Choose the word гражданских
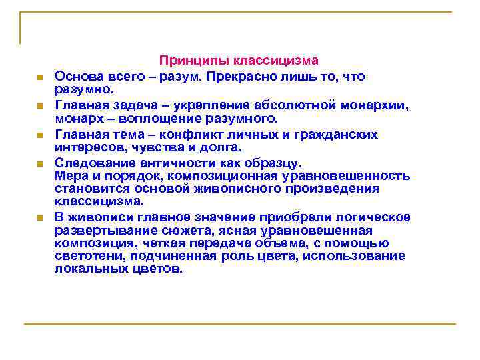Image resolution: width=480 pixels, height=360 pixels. click(340, 135)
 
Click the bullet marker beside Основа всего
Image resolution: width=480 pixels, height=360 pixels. click(41, 77)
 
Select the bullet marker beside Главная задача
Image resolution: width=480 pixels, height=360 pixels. click(41, 106)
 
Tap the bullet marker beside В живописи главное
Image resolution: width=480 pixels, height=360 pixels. click(41, 218)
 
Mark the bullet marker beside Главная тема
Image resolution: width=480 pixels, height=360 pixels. click(41, 135)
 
